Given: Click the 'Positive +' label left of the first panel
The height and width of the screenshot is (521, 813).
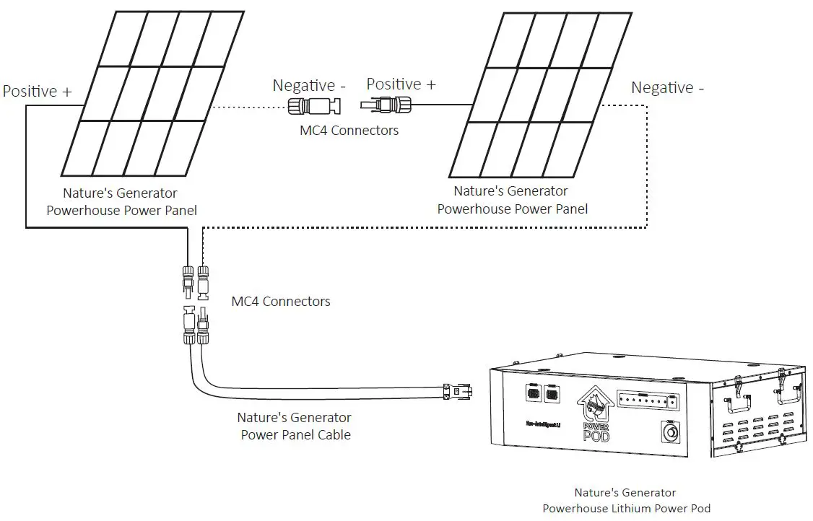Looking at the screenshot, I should pos(38,92).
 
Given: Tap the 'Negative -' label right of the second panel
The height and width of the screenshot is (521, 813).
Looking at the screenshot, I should pos(667,88).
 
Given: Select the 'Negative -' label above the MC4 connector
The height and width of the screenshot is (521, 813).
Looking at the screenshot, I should pos(308,85).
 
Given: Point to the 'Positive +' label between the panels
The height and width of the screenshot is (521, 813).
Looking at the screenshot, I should pos(401,84).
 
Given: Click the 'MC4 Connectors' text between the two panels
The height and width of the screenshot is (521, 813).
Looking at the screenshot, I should pos(349,131).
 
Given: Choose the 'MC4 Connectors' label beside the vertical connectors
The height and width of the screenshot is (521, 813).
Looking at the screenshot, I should pos(281,301).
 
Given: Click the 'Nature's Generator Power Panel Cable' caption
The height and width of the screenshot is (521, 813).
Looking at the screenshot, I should pos(295,426).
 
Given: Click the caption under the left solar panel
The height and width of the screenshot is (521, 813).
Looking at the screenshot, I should pos(121,201).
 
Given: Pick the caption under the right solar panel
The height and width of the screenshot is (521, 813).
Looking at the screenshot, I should pos(512,200).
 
